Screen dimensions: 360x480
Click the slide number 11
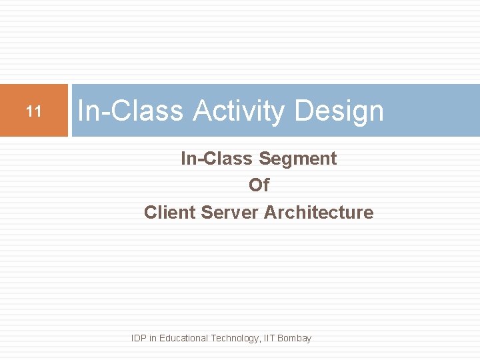pos(33,111)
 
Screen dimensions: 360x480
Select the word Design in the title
pos(339,111)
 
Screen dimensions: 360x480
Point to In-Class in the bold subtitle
pos(217,159)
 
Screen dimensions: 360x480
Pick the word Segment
pos(297,159)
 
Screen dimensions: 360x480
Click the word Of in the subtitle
pos(259,185)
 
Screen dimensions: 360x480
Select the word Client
pos(169,213)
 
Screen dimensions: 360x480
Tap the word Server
pos(229,213)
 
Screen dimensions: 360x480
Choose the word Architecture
pos(319,213)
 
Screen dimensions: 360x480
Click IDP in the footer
pos(139,338)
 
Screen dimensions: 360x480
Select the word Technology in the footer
pos(235,338)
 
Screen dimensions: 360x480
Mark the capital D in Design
pos(303,111)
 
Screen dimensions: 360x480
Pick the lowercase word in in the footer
pos(153,338)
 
